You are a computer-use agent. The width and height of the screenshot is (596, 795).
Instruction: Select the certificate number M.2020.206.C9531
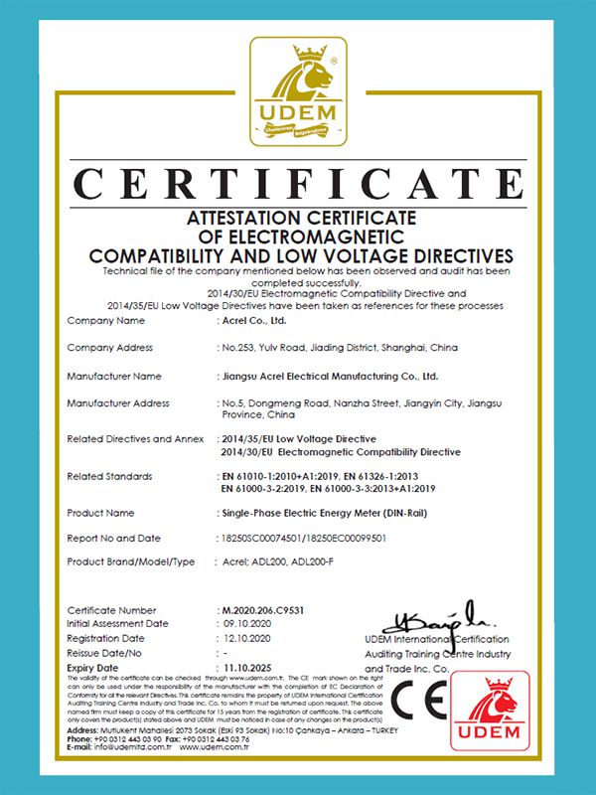pos(259,609)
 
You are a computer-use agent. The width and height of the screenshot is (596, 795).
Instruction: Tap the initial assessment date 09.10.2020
pos(244,623)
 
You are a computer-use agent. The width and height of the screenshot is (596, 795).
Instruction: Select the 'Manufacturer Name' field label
pos(113,377)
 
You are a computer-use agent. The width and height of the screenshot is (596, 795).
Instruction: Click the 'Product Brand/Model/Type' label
pos(131,561)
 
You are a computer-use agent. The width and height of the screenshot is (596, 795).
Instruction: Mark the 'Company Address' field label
pos(109,348)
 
